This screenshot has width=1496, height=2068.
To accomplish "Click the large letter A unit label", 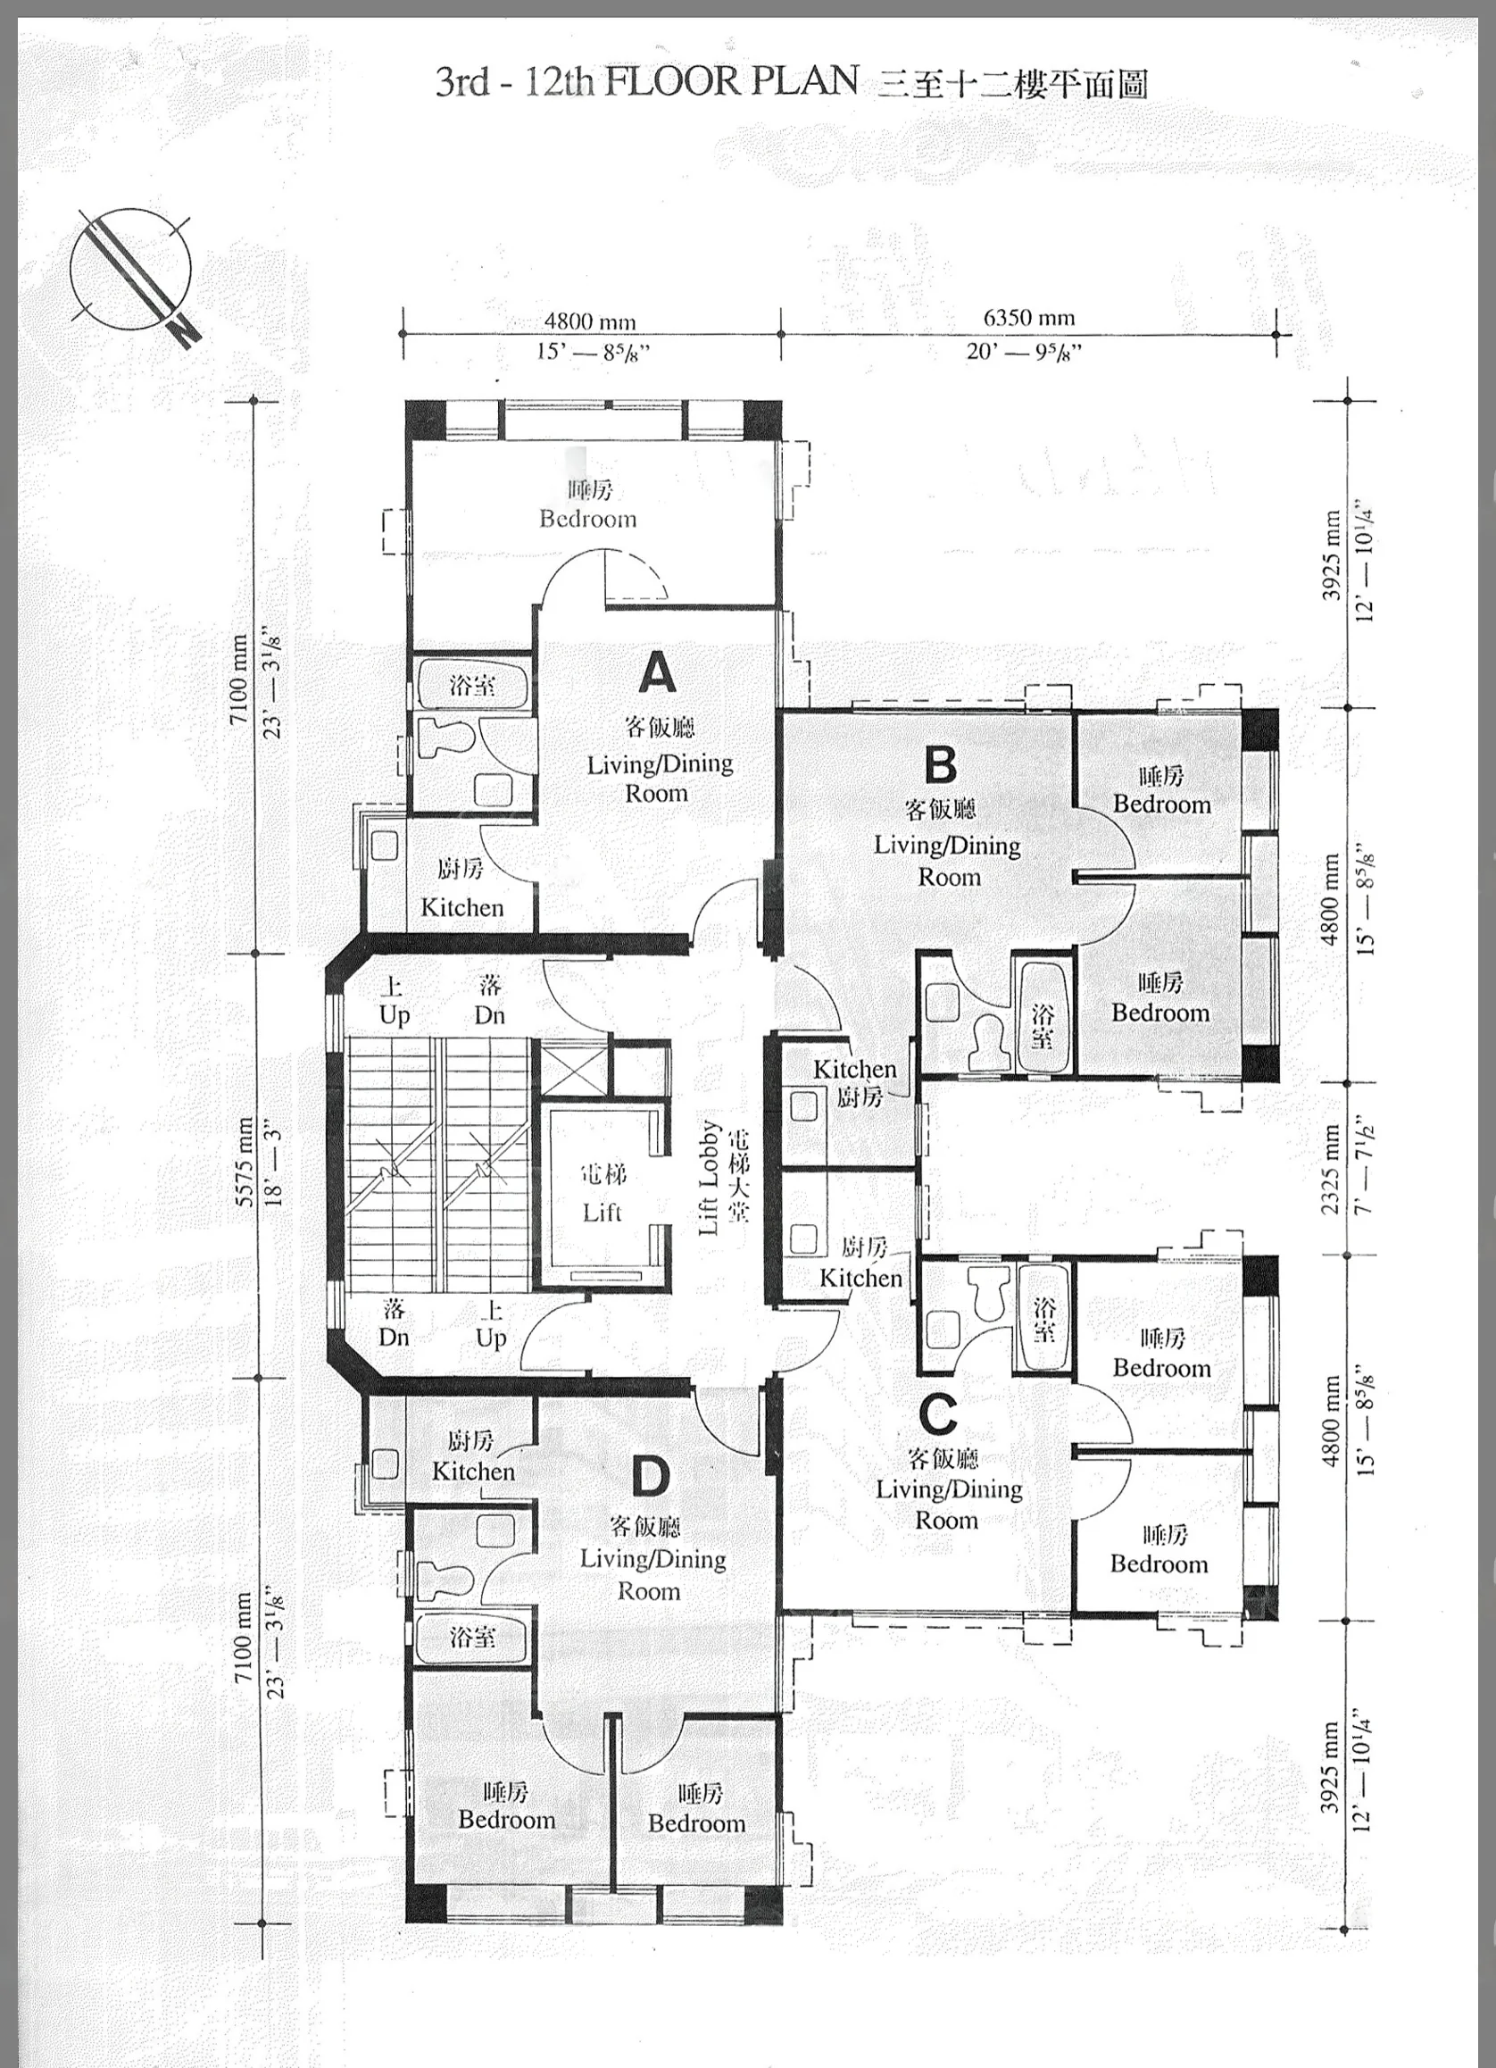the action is coord(657,673).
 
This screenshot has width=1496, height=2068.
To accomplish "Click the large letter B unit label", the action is coord(940,764).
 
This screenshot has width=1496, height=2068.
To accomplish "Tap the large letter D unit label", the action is coord(651,1476).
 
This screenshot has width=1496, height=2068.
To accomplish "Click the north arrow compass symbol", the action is coord(134,274).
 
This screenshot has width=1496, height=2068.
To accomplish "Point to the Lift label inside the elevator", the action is coord(603,1212).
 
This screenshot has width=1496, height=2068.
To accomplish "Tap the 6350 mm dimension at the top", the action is coord(1028,317).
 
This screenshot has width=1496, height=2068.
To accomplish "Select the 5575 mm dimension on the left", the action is coord(245,1162).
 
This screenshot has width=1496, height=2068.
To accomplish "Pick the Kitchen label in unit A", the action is coord(462,907).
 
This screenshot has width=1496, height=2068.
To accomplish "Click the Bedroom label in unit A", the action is coord(588,519).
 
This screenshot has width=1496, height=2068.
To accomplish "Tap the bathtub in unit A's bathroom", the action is coord(472,685).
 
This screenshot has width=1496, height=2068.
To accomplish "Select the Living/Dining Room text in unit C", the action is coord(948,1505).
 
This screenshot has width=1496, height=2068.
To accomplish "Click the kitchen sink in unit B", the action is coord(803,1107).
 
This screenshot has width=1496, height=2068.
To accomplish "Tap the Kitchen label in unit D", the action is coord(473,1471).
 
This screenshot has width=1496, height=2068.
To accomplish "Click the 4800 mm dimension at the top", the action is coord(590,321).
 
